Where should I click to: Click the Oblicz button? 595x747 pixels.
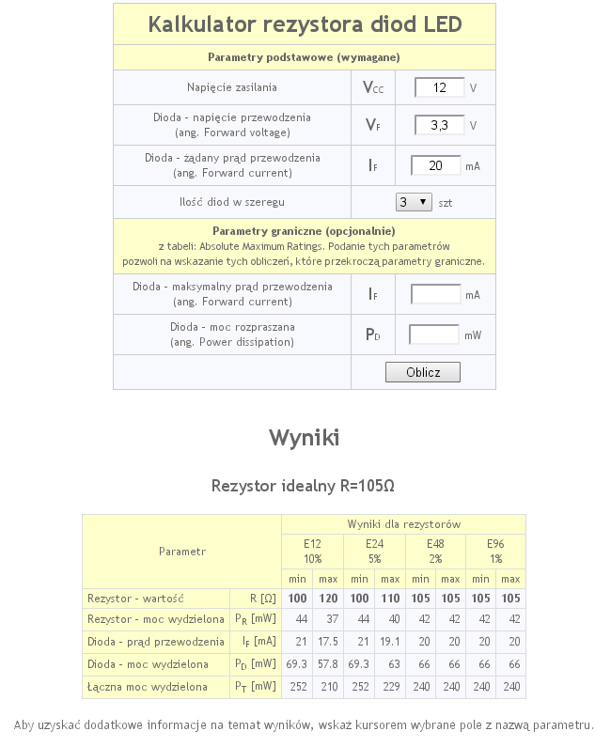423,372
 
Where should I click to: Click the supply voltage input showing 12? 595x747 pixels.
439,88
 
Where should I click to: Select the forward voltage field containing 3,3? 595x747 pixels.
439,125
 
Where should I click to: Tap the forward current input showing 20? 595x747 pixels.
436,165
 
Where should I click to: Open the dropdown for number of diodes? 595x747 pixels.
414,202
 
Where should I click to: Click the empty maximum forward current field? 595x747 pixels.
436,294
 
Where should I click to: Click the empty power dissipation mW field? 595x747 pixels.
433,335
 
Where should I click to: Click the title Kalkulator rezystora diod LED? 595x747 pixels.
305,24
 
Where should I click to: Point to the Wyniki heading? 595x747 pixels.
304,438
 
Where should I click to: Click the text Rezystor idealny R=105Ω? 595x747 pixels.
303,486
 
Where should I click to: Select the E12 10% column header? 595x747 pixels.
312,551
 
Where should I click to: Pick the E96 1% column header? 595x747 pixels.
495,551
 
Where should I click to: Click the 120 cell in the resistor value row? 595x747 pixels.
329,598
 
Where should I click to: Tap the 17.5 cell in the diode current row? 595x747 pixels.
329,642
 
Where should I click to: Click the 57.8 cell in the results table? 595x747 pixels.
329,664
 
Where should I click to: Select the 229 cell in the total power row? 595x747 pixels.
390,687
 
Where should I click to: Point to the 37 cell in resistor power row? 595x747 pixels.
329,619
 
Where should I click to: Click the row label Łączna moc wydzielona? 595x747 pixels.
148,687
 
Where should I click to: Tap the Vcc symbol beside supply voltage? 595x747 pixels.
373,88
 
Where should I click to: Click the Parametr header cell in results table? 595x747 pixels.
181,552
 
